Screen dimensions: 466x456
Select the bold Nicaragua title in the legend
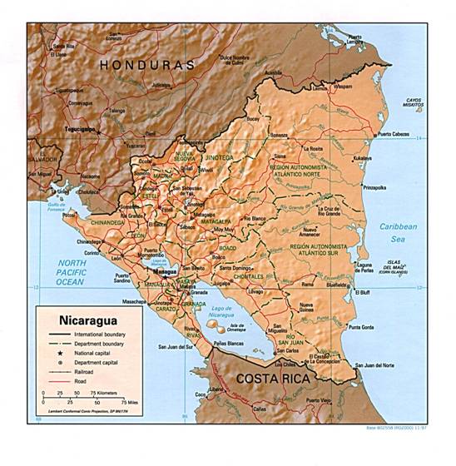click(x=88, y=319)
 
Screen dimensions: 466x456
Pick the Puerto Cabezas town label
click(x=395, y=134)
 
